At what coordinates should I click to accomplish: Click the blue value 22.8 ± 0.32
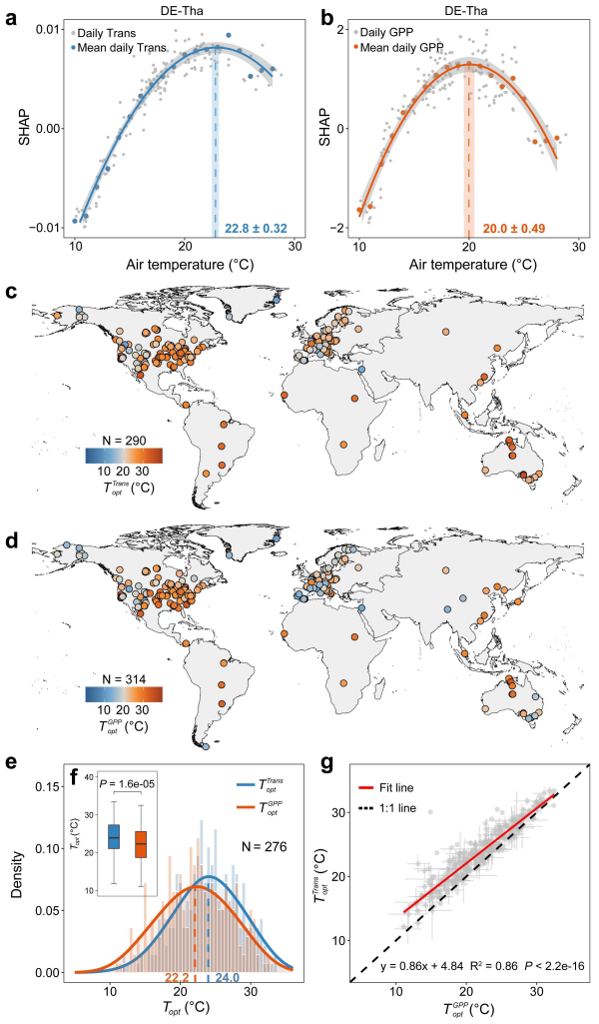coord(257,229)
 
